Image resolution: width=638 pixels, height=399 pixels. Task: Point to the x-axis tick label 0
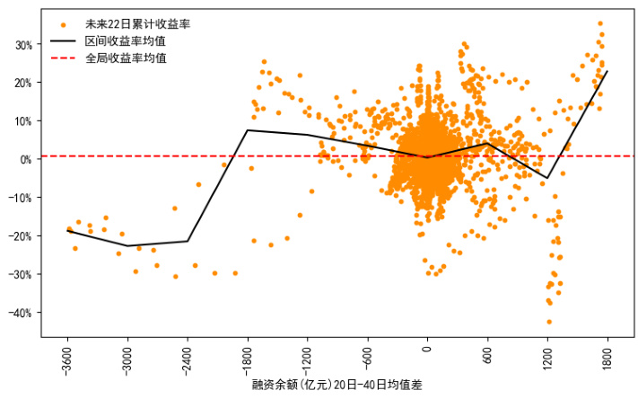point(427,349)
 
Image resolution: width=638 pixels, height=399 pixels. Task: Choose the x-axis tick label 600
point(487,352)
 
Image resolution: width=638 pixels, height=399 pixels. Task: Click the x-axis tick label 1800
point(607,355)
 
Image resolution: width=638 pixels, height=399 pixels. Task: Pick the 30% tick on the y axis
point(23,44)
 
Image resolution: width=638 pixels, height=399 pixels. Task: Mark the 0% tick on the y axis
point(26,159)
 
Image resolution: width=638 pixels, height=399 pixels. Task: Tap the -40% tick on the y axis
point(22,313)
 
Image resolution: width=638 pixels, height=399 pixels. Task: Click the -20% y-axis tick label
point(22,235)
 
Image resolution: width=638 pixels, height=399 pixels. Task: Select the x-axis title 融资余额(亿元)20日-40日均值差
point(336,386)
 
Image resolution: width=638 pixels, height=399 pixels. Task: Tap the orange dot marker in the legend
point(63,23)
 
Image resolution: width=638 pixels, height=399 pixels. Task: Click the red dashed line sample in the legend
point(63,58)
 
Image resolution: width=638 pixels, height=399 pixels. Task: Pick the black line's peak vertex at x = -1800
point(247,130)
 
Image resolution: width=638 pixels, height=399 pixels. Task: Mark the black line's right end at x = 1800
point(607,71)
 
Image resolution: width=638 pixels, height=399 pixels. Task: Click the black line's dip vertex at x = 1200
point(547,178)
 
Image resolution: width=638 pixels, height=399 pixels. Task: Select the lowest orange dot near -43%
point(549,322)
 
